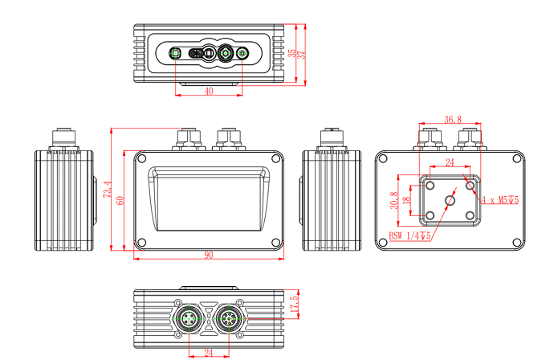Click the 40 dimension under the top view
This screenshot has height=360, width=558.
click(209, 92)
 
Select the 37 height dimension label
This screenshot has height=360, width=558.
click(303, 54)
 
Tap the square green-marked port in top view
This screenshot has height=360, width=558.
click(175, 54)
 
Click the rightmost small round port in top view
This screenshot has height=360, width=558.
click(242, 54)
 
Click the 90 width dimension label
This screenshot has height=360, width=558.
click(209, 255)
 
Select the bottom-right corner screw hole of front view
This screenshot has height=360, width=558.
click(275, 242)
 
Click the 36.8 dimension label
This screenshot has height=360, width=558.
click(453, 120)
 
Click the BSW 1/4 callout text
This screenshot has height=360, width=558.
click(409, 235)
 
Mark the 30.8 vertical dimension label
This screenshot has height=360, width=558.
click(393, 199)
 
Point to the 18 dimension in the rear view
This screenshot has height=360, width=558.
click(406, 200)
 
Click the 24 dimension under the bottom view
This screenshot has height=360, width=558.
click(209, 351)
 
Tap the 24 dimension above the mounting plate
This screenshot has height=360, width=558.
click(450, 162)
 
